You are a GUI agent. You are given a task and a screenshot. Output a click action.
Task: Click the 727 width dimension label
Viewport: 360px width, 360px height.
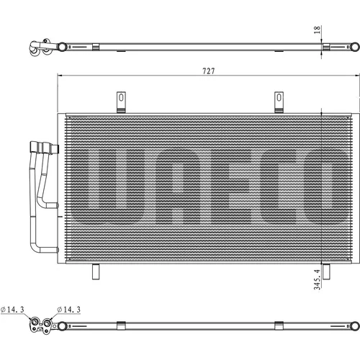[x=209, y=71]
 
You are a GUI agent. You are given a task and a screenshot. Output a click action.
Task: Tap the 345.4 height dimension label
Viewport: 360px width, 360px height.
[x=317, y=279]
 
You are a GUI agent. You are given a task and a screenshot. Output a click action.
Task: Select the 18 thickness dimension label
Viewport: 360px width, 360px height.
[x=317, y=30]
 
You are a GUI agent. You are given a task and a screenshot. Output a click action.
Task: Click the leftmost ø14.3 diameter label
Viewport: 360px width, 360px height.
[x=12, y=310]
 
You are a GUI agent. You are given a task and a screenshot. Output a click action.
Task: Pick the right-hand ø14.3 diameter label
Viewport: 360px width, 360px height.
[x=68, y=310]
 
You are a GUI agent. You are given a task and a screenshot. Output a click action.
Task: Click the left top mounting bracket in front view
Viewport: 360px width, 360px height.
[x=121, y=102]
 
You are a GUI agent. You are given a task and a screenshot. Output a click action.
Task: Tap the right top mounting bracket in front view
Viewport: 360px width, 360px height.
[x=279, y=102]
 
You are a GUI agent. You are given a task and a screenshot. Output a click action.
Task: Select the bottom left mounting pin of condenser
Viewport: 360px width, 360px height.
[x=96, y=271]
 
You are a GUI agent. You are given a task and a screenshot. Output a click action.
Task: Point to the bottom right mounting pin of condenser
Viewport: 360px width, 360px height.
[x=326, y=271]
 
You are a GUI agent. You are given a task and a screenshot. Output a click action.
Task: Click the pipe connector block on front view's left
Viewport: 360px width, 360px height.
[x=45, y=148]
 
